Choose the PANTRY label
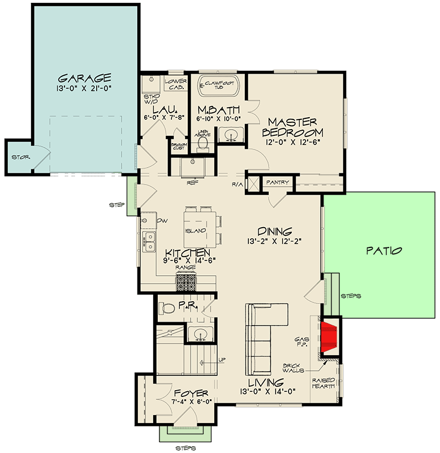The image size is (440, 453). point(278,182)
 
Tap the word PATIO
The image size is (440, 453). point(383,250)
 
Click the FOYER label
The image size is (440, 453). point(191,393)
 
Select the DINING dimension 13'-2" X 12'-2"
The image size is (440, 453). point(275,241)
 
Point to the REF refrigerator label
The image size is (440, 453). point(192,183)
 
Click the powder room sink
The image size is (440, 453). point(201,334)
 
